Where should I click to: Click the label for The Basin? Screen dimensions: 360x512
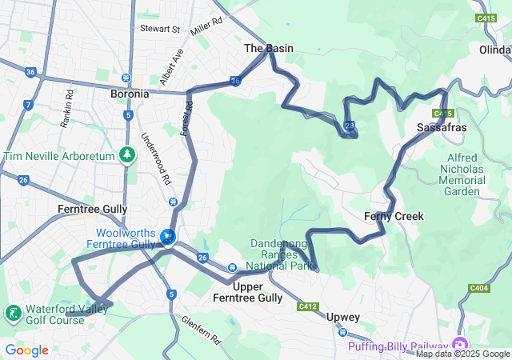coord(269,48)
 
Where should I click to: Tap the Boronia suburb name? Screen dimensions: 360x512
coord(130,94)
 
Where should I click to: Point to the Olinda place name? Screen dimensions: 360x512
coord(494,50)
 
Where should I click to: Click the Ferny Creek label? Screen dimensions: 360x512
coord(394,216)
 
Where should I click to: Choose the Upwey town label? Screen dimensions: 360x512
coord(343,317)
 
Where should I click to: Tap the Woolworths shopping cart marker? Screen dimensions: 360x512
coord(168,237)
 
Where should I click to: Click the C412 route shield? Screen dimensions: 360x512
coord(308,306)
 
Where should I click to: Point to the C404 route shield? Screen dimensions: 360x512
coord(480,288)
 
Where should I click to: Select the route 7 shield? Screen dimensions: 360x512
coord(28,105)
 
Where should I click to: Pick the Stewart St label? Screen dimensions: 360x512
coord(160,29)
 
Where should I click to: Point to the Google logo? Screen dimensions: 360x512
coord(26,350)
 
